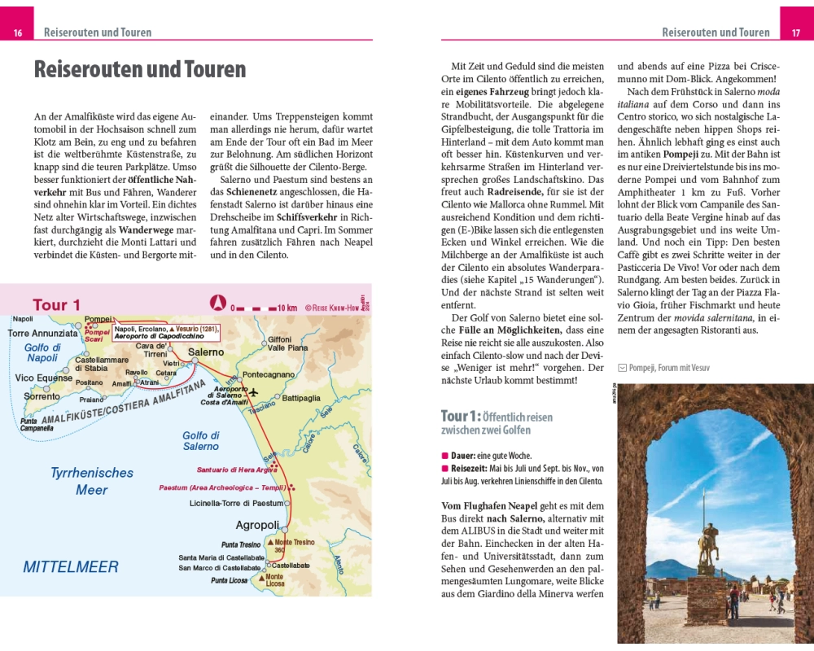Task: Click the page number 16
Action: [17, 33]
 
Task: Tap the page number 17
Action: [795, 33]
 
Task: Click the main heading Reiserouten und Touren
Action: [139, 69]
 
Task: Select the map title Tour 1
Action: [56, 305]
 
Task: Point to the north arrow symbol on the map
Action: [217, 304]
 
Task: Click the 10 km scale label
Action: [287, 308]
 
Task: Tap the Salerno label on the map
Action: [205, 352]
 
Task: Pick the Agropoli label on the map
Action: [257, 525]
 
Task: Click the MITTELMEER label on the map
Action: [70, 567]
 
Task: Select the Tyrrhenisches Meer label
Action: [91, 481]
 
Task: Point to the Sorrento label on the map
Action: [42, 397]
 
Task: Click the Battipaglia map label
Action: [300, 398]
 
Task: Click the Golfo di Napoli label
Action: [42, 352]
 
